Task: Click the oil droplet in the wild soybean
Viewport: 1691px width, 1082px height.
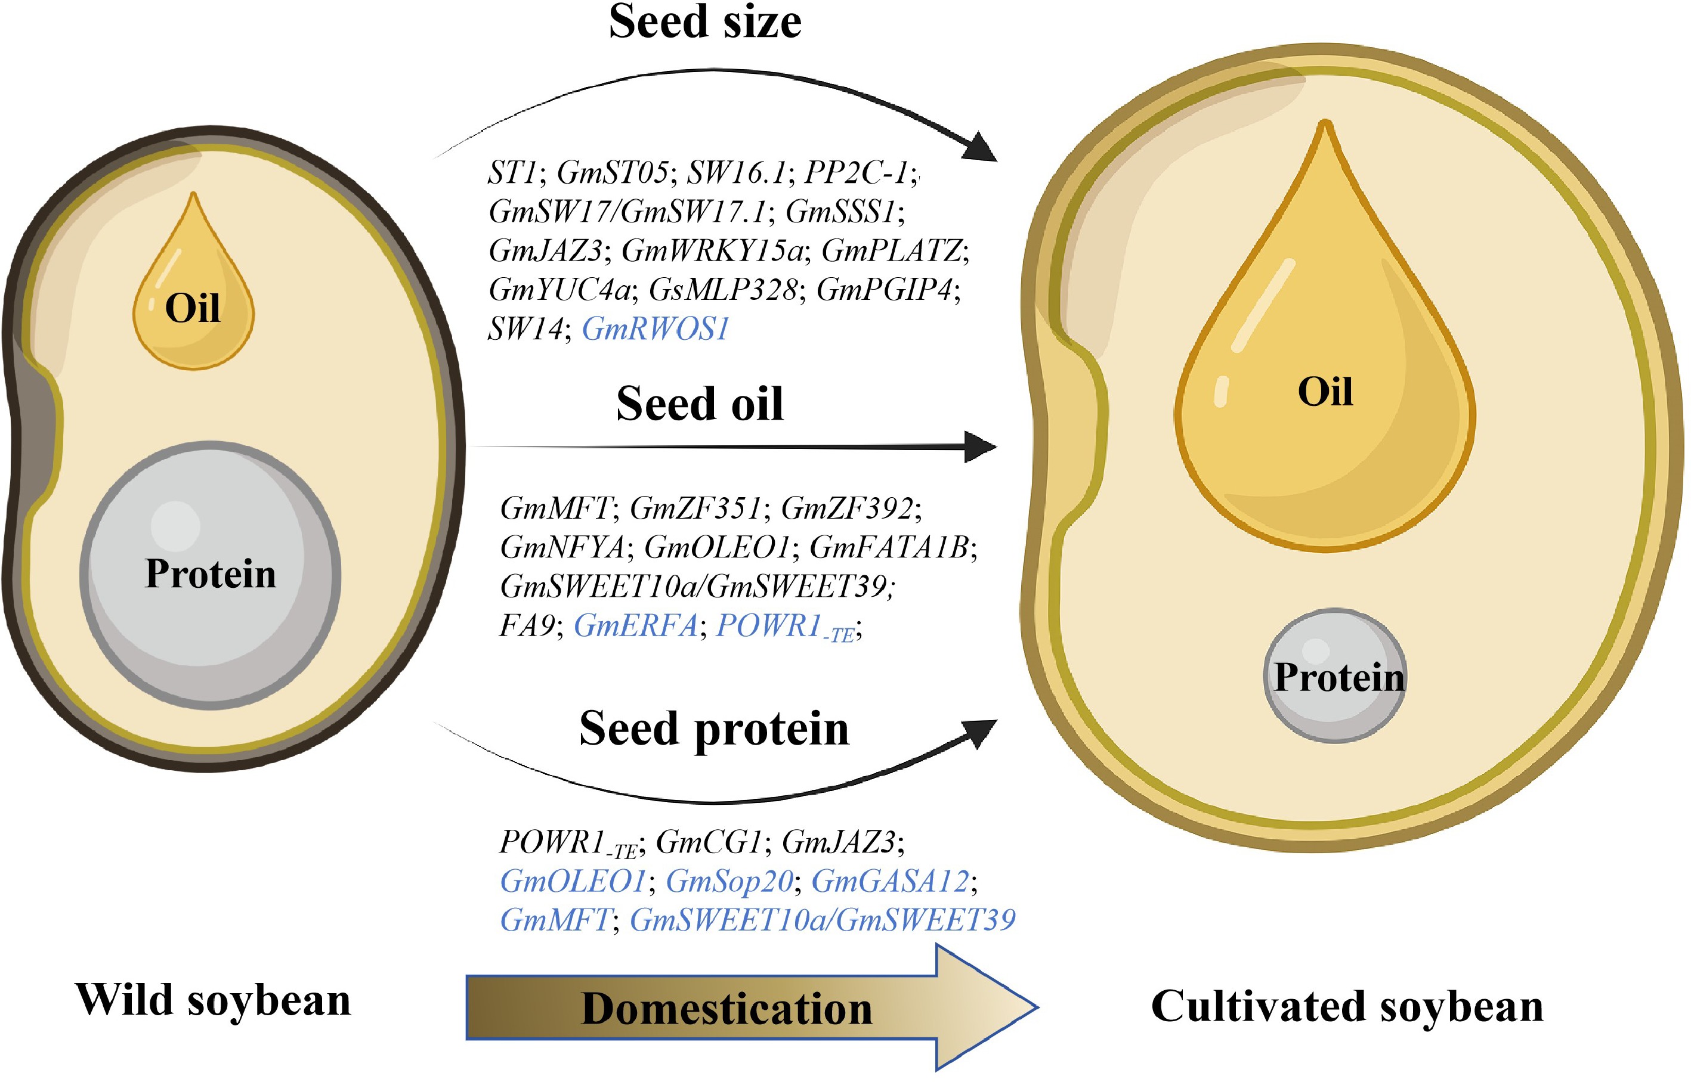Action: pos(193,295)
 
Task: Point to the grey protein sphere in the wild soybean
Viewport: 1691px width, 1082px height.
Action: pos(210,575)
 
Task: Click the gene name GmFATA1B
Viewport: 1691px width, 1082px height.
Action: pos(890,547)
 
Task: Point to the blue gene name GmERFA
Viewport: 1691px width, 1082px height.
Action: pos(635,625)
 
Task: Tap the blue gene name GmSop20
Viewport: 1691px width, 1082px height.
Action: pos(729,881)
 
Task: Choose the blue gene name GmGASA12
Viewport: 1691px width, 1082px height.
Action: pos(891,881)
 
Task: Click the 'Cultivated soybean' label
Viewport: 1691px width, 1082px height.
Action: pos(1347,1006)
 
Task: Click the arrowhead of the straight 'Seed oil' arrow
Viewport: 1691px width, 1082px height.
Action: pos(980,447)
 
